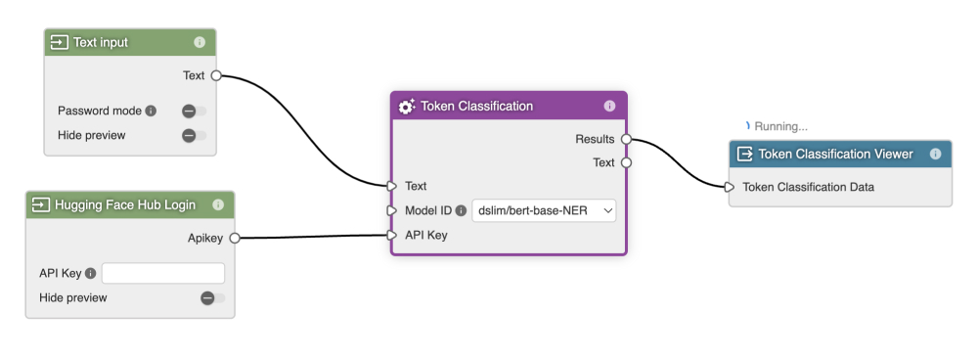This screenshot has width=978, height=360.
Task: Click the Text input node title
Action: [x=101, y=42]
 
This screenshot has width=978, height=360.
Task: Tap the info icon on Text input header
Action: [x=200, y=42]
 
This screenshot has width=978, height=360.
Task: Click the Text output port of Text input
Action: [x=216, y=75]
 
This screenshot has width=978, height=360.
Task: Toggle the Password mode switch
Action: [x=194, y=112]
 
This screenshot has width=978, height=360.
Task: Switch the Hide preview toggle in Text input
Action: [x=194, y=135]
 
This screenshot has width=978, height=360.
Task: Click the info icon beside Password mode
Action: [x=151, y=112]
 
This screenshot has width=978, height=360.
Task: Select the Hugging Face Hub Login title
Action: [x=125, y=204]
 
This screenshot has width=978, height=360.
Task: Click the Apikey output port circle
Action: [x=235, y=238]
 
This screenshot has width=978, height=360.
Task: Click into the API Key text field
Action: [x=162, y=273]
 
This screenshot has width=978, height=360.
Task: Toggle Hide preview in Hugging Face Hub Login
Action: [x=212, y=298]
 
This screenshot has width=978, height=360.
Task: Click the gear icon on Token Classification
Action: [x=407, y=106]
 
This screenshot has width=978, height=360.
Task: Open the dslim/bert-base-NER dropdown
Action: [x=544, y=211]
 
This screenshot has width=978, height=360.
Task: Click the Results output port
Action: [x=626, y=139]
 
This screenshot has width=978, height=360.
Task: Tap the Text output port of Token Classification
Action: [x=626, y=162]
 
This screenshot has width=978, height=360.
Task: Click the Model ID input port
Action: [x=392, y=211]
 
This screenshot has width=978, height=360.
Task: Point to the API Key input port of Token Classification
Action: [x=392, y=235]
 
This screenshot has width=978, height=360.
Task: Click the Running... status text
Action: [x=780, y=126]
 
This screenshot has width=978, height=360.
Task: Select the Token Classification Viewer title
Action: [x=835, y=155]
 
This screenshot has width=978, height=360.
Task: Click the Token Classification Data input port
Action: [x=730, y=187]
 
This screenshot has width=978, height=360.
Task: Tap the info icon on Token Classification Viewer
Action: [x=936, y=155]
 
